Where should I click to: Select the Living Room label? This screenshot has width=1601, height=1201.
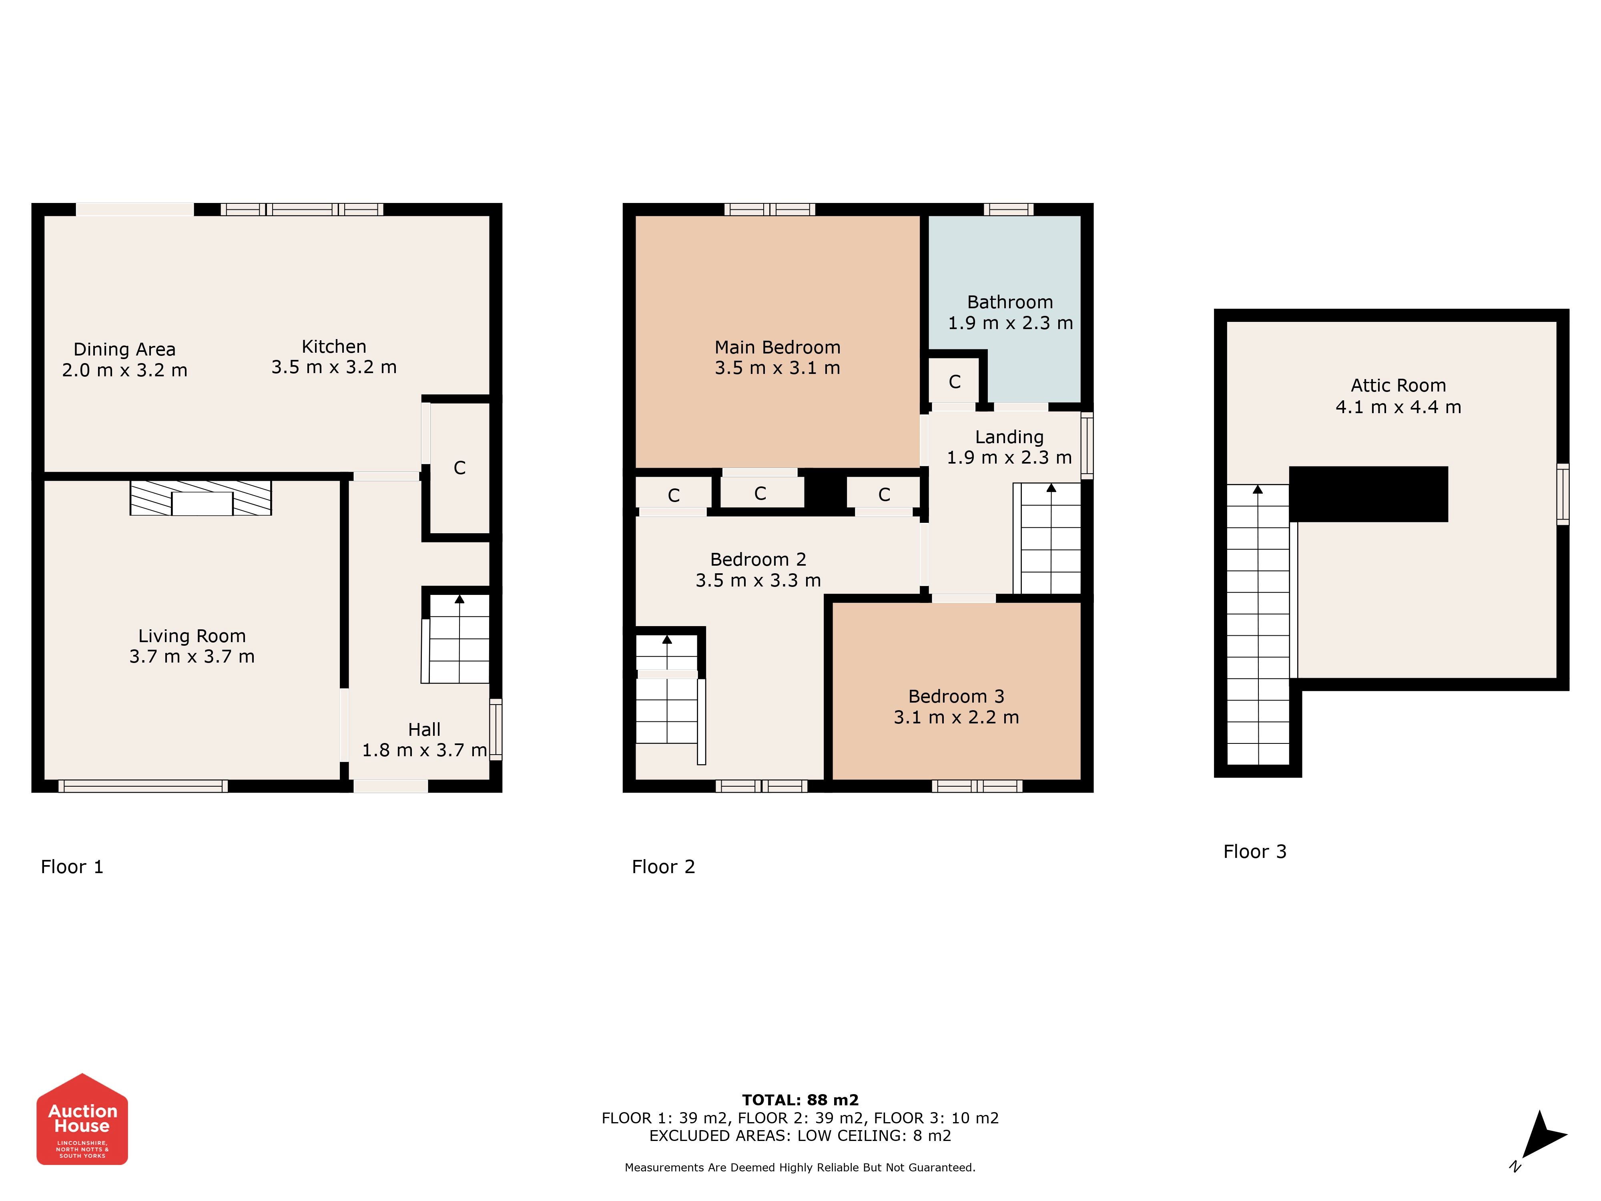(192, 636)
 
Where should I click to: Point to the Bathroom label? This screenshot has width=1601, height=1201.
(1010, 302)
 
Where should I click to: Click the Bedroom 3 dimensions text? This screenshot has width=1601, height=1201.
(956, 717)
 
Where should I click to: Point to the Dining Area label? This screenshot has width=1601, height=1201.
(124, 349)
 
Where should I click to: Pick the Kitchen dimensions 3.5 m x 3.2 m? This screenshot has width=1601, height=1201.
(334, 367)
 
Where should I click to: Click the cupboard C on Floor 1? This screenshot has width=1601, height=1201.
(459, 468)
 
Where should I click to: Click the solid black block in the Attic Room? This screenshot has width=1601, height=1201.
(1369, 494)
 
